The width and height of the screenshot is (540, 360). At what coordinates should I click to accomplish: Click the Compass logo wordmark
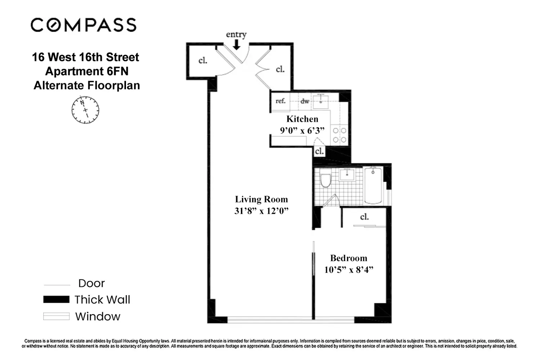pyautogui.click(x=84, y=25)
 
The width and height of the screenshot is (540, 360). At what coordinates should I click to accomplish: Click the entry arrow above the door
pyautogui.click(x=236, y=45)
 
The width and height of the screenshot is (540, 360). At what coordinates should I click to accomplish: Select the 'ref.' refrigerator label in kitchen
pyautogui.click(x=280, y=101)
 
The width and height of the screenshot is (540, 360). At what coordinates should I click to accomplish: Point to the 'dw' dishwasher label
pyautogui.click(x=305, y=101)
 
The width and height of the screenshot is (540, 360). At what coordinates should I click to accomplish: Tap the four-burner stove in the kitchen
pyautogui.click(x=339, y=135)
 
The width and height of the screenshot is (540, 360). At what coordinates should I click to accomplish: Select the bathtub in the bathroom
pyautogui.click(x=373, y=185)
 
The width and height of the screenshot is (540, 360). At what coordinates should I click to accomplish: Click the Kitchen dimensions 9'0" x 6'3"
pyautogui.click(x=302, y=130)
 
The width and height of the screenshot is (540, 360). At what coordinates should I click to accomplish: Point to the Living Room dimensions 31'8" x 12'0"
pyautogui.click(x=261, y=211)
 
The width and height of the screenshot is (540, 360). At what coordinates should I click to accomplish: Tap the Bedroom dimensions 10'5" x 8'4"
pyautogui.click(x=348, y=270)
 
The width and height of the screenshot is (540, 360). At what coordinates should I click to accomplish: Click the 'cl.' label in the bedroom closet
pyautogui.click(x=364, y=217)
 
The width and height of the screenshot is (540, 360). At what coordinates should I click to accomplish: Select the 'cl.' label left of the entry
pyautogui.click(x=203, y=60)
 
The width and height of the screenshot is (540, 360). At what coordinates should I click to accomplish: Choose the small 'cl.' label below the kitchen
pyautogui.click(x=319, y=151)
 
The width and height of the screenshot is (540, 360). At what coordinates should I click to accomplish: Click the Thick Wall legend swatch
pyautogui.click(x=56, y=300)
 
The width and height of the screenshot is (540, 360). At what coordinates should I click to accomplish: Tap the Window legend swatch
pyautogui.click(x=56, y=316)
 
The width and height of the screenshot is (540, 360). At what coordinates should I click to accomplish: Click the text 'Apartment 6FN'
pyautogui.click(x=86, y=71)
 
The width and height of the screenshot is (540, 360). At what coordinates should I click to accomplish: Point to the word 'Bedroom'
pyautogui.click(x=348, y=258)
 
